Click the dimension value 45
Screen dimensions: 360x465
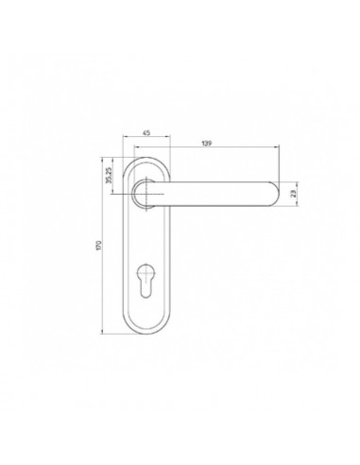point(146,133)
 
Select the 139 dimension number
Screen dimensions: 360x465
point(207,144)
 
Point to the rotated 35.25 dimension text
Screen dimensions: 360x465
point(109,176)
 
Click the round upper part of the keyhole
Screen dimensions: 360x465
point(146,271)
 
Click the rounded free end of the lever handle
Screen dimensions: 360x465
point(275,194)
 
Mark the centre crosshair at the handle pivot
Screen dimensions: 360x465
point(146,194)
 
